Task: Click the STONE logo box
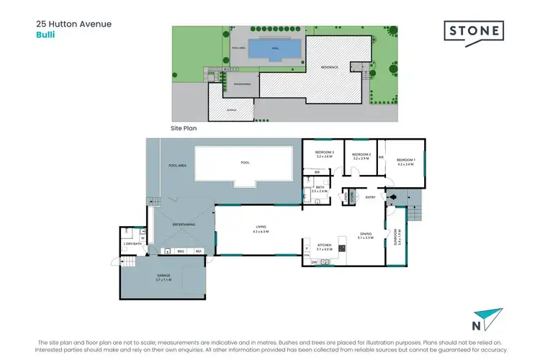[472, 32]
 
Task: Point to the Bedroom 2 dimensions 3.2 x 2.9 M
[361, 158]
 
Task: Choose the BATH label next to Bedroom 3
[318, 187]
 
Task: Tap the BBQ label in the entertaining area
[181, 251]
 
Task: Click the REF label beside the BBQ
[199, 251]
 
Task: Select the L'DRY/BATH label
[132, 244]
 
